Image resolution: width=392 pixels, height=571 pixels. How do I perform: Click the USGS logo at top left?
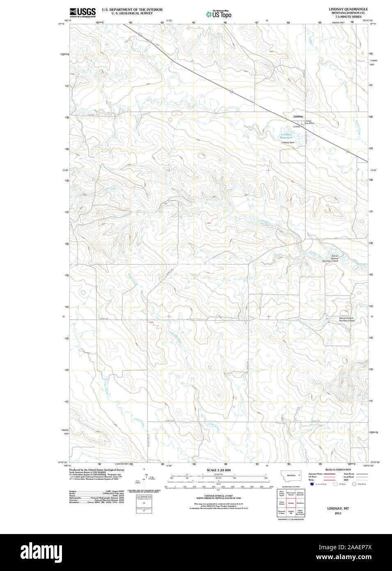point(83,13)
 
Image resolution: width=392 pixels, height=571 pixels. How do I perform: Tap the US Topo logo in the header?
point(219,14)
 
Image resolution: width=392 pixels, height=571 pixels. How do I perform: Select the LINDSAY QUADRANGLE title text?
point(348,9)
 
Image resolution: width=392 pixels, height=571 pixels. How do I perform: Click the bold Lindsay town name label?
point(298,117)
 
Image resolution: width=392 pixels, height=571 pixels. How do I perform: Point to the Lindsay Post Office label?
point(309,122)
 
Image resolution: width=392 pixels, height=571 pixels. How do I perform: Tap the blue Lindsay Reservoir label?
point(286,136)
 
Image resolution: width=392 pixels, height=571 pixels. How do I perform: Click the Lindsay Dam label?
point(288,143)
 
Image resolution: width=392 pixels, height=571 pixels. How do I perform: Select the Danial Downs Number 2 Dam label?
point(330,258)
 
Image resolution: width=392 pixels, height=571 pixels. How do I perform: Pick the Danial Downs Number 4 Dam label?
point(346,319)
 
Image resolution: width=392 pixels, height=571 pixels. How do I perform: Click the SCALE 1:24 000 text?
point(218,470)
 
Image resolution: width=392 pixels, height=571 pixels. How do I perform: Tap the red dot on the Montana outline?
point(299,475)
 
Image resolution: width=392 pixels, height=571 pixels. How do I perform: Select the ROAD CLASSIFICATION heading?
point(338,470)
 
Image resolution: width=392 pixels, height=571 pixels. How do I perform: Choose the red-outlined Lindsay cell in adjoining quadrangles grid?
point(291,503)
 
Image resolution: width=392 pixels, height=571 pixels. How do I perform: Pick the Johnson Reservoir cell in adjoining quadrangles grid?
point(300,494)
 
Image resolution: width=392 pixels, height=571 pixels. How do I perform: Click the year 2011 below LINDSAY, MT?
point(338,513)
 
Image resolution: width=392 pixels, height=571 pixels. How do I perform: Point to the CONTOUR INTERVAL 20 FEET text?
point(218,496)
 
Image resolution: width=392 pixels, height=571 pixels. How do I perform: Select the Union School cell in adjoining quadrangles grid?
point(282,503)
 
